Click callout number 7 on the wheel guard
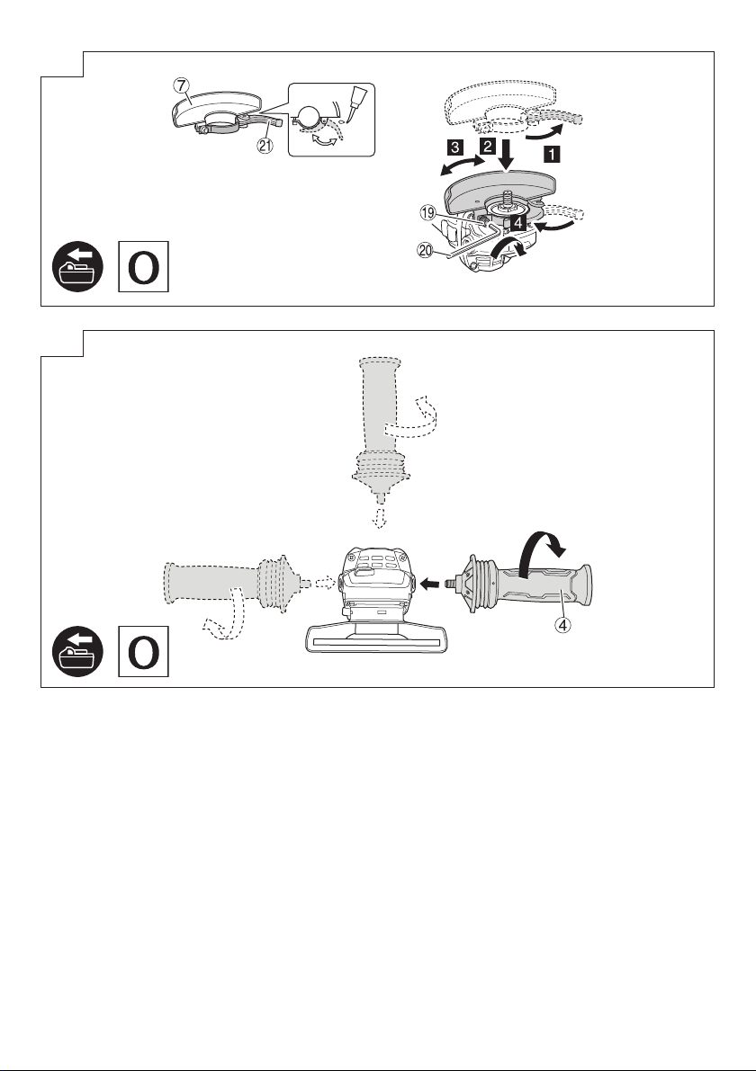tap(180, 86)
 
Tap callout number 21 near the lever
tap(265, 146)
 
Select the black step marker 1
tap(551, 155)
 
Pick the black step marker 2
tap(487, 146)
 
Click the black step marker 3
tap(455, 146)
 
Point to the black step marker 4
tap(518, 222)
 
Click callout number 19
tap(427, 214)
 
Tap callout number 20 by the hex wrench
tap(426, 251)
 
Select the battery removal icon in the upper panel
tap(78, 266)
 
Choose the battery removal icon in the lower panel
tap(78, 652)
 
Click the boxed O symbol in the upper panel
tap(143, 266)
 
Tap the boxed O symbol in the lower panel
tap(143, 652)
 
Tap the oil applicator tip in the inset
tap(356, 103)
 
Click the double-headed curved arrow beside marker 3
tap(463, 164)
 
